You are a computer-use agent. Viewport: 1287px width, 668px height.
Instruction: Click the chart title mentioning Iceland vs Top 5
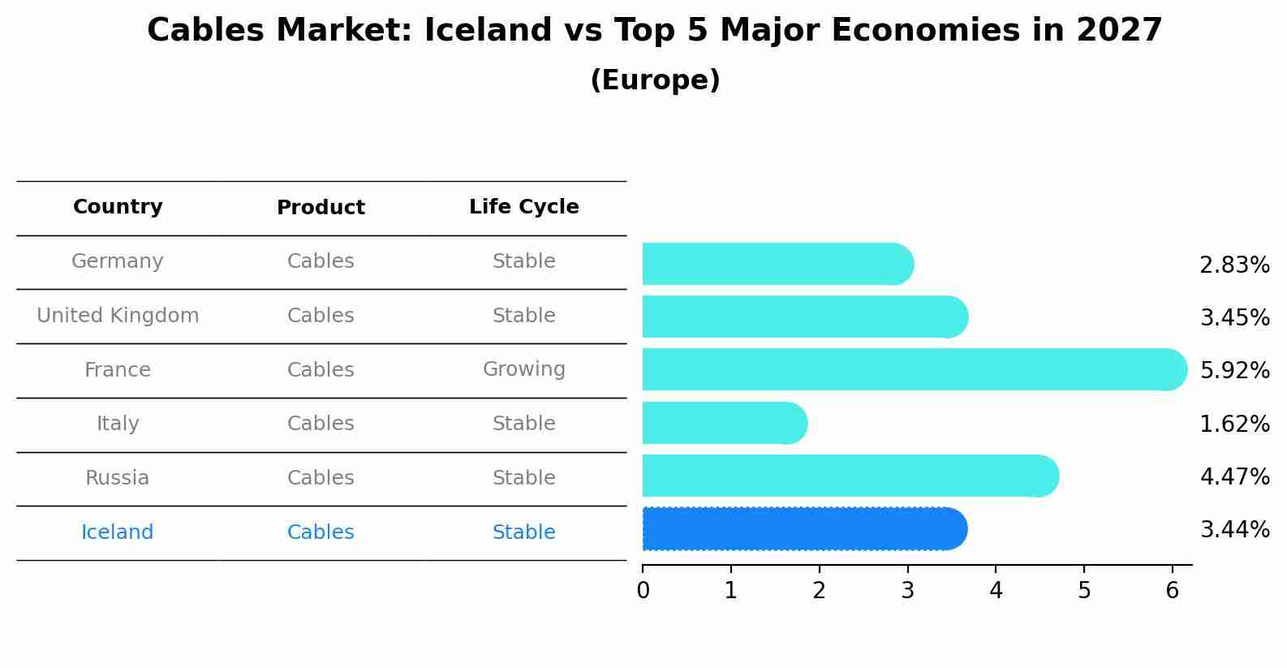[x=654, y=31]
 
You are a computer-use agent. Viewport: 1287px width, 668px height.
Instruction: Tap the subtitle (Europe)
[x=655, y=80]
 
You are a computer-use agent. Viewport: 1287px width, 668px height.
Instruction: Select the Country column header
[x=118, y=207]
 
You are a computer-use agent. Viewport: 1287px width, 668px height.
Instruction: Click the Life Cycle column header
[x=523, y=207]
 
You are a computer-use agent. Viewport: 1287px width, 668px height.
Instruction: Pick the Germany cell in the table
[x=118, y=261]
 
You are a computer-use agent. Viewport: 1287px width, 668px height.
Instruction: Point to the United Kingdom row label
[x=118, y=316]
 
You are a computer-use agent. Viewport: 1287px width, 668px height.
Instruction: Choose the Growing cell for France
[x=523, y=369]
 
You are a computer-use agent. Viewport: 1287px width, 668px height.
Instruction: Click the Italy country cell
[x=118, y=424]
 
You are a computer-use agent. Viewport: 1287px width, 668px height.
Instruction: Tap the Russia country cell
[x=118, y=478]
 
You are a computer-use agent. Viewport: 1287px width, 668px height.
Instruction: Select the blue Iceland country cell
[x=118, y=532]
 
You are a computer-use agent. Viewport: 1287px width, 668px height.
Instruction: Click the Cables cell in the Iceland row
[x=321, y=532]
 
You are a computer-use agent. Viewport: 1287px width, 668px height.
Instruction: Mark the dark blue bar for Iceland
[x=803, y=529]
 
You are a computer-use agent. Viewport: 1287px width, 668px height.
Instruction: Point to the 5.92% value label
[x=1234, y=371]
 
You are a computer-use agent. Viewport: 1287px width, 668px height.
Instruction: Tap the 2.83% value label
[x=1234, y=265]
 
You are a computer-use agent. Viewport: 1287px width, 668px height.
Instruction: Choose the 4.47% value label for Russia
[x=1234, y=476]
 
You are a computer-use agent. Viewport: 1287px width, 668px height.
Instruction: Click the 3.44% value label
[x=1234, y=530]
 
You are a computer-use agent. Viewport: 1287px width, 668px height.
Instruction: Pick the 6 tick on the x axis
[x=1172, y=591]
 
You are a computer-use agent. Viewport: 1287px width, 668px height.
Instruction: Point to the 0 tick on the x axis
[x=643, y=591]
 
